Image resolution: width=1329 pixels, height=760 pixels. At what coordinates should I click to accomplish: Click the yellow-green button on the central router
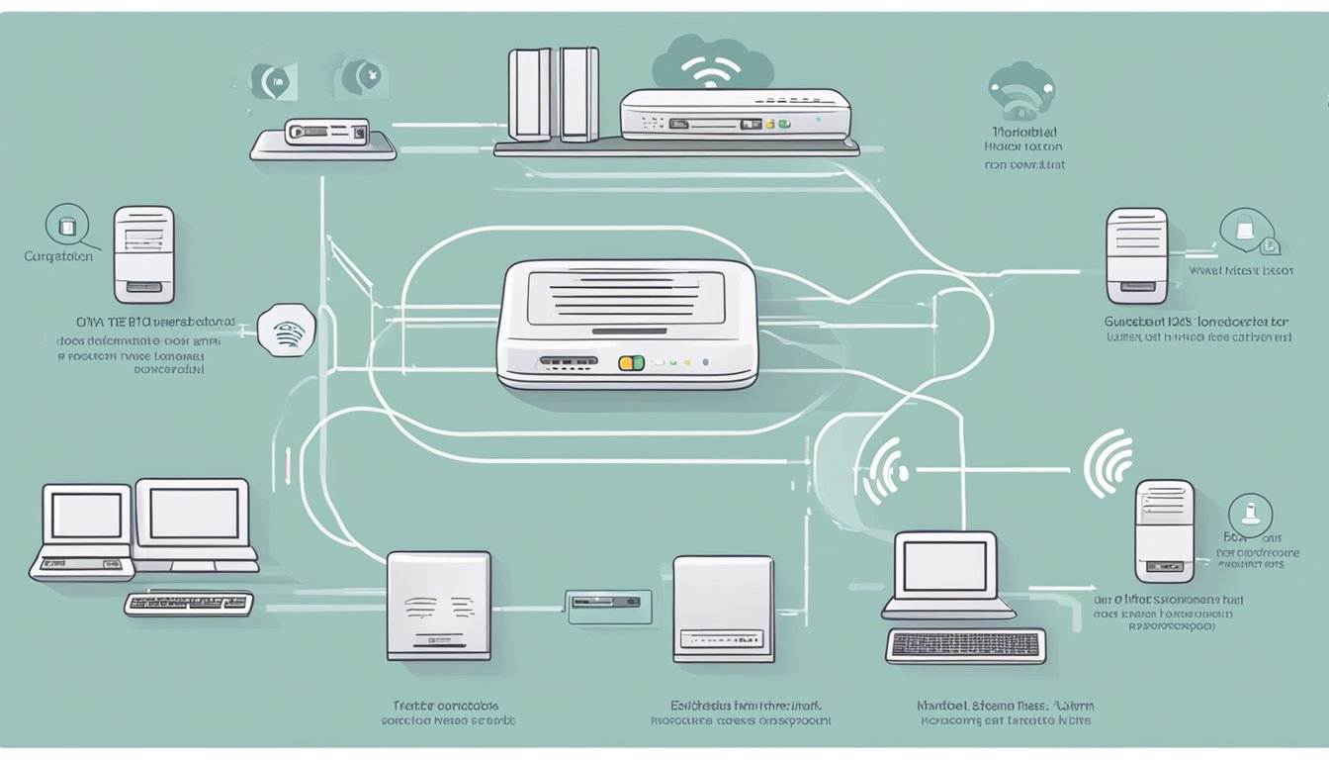(x=631, y=363)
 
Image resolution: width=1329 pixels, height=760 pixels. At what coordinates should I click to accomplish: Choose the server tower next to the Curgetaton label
(x=143, y=253)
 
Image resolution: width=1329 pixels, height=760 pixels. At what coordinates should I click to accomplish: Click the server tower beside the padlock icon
(x=1136, y=254)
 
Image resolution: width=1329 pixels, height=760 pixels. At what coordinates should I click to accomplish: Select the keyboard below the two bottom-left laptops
(x=189, y=603)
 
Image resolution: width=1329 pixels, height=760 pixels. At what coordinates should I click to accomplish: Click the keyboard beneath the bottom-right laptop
(x=965, y=645)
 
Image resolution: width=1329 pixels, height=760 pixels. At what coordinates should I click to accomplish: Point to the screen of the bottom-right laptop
(x=945, y=567)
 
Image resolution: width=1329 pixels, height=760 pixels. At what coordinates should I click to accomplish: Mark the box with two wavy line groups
(x=438, y=605)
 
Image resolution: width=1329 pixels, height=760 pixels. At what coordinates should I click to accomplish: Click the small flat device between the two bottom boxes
(x=603, y=601)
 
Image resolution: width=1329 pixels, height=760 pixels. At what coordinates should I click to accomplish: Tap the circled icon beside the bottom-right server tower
(x=1249, y=516)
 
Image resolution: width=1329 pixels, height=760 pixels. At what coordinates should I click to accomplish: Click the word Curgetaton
(x=58, y=256)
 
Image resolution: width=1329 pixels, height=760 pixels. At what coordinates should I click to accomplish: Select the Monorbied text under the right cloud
(x=1022, y=132)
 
